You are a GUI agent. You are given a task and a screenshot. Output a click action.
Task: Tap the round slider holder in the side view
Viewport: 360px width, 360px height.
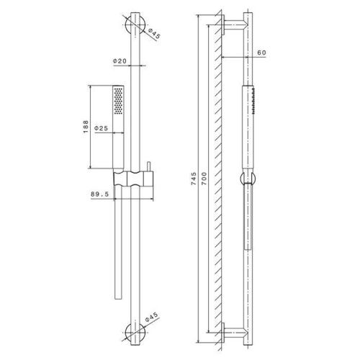[243, 180]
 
